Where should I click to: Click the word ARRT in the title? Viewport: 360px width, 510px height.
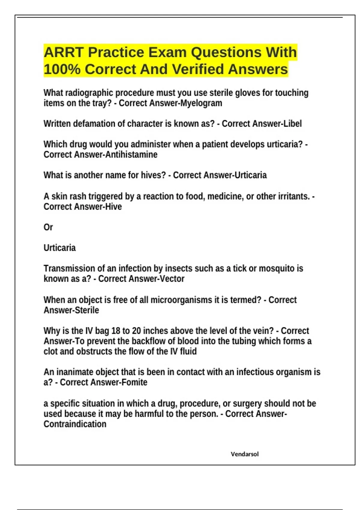[63, 52]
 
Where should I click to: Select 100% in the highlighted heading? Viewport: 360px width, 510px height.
[62, 69]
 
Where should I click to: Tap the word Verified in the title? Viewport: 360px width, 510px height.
[198, 69]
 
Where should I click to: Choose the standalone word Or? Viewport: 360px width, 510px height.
[48, 227]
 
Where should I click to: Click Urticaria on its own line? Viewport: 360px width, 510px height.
[59, 248]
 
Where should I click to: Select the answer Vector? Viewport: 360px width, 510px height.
[172, 279]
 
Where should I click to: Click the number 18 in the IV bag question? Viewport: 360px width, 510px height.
[116, 331]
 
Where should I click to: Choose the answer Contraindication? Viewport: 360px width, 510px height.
[75, 424]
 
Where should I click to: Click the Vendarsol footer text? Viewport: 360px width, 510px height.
[244, 454]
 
